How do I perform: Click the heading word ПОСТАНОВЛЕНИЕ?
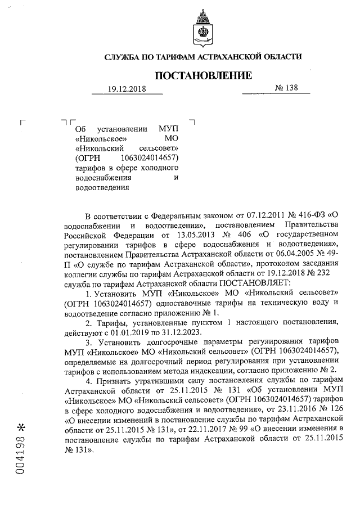tap(204, 75)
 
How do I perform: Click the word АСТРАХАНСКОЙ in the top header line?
tap(229, 57)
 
